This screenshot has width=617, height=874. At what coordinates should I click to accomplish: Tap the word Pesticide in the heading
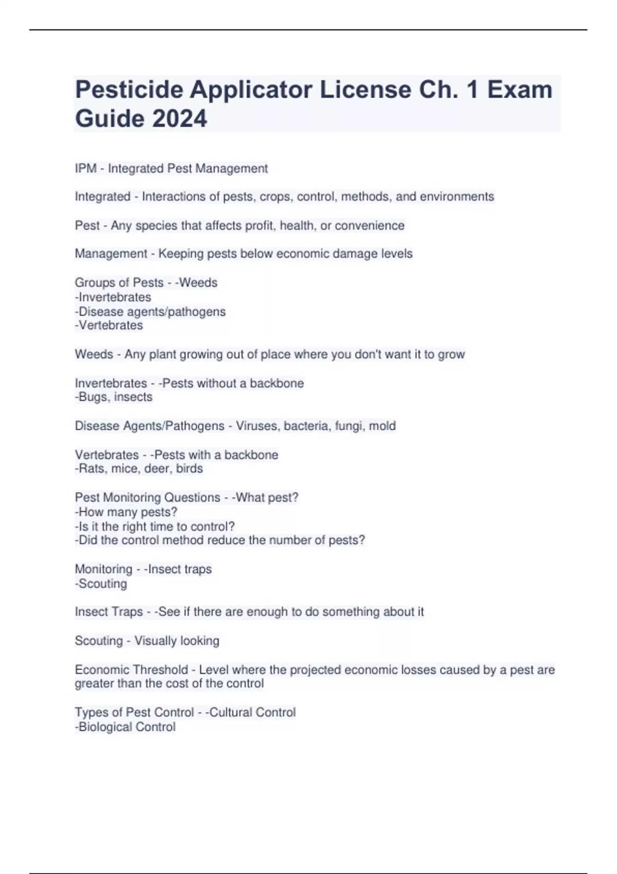pyautogui.click(x=129, y=90)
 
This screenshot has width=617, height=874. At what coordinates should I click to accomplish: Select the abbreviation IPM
pyautogui.click(x=85, y=169)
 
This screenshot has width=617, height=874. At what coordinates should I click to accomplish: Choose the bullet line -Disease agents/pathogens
pyautogui.click(x=150, y=312)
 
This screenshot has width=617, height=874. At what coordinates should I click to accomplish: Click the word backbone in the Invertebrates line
pyautogui.click(x=277, y=383)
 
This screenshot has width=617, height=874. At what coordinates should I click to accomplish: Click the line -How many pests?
pyautogui.click(x=126, y=512)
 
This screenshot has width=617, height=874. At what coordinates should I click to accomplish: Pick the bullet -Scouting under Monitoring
pyautogui.click(x=101, y=584)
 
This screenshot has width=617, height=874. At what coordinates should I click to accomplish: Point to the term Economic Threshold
pyautogui.click(x=131, y=670)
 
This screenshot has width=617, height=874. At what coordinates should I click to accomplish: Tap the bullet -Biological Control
pyautogui.click(x=125, y=727)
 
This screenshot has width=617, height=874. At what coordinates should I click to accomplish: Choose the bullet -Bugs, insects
pyautogui.click(x=114, y=397)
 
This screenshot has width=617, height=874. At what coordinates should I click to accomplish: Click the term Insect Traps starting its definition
pyautogui.click(x=108, y=612)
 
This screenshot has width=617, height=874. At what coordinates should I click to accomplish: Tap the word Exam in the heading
pyautogui.click(x=519, y=90)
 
